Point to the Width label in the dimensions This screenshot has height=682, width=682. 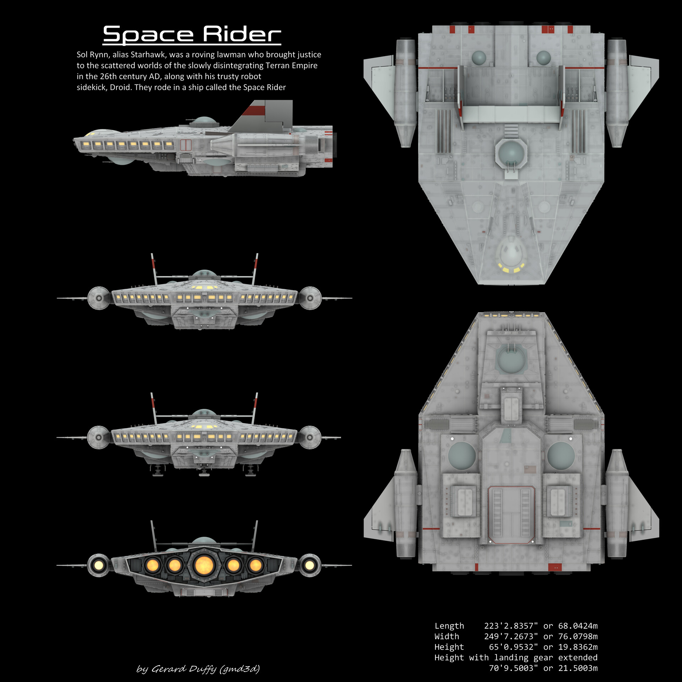click(x=446, y=637)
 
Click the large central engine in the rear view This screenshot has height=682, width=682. click(x=203, y=565)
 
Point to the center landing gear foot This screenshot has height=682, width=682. click(x=204, y=473)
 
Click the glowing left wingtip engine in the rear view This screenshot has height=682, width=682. click(x=99, y=565)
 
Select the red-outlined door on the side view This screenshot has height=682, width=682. click(x=185, y=145)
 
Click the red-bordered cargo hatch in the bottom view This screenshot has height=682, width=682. click(x=511, y=515)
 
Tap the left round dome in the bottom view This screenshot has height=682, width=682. click(x=462, y=456)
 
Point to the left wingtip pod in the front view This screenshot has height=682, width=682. click(x=99, y=298)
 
